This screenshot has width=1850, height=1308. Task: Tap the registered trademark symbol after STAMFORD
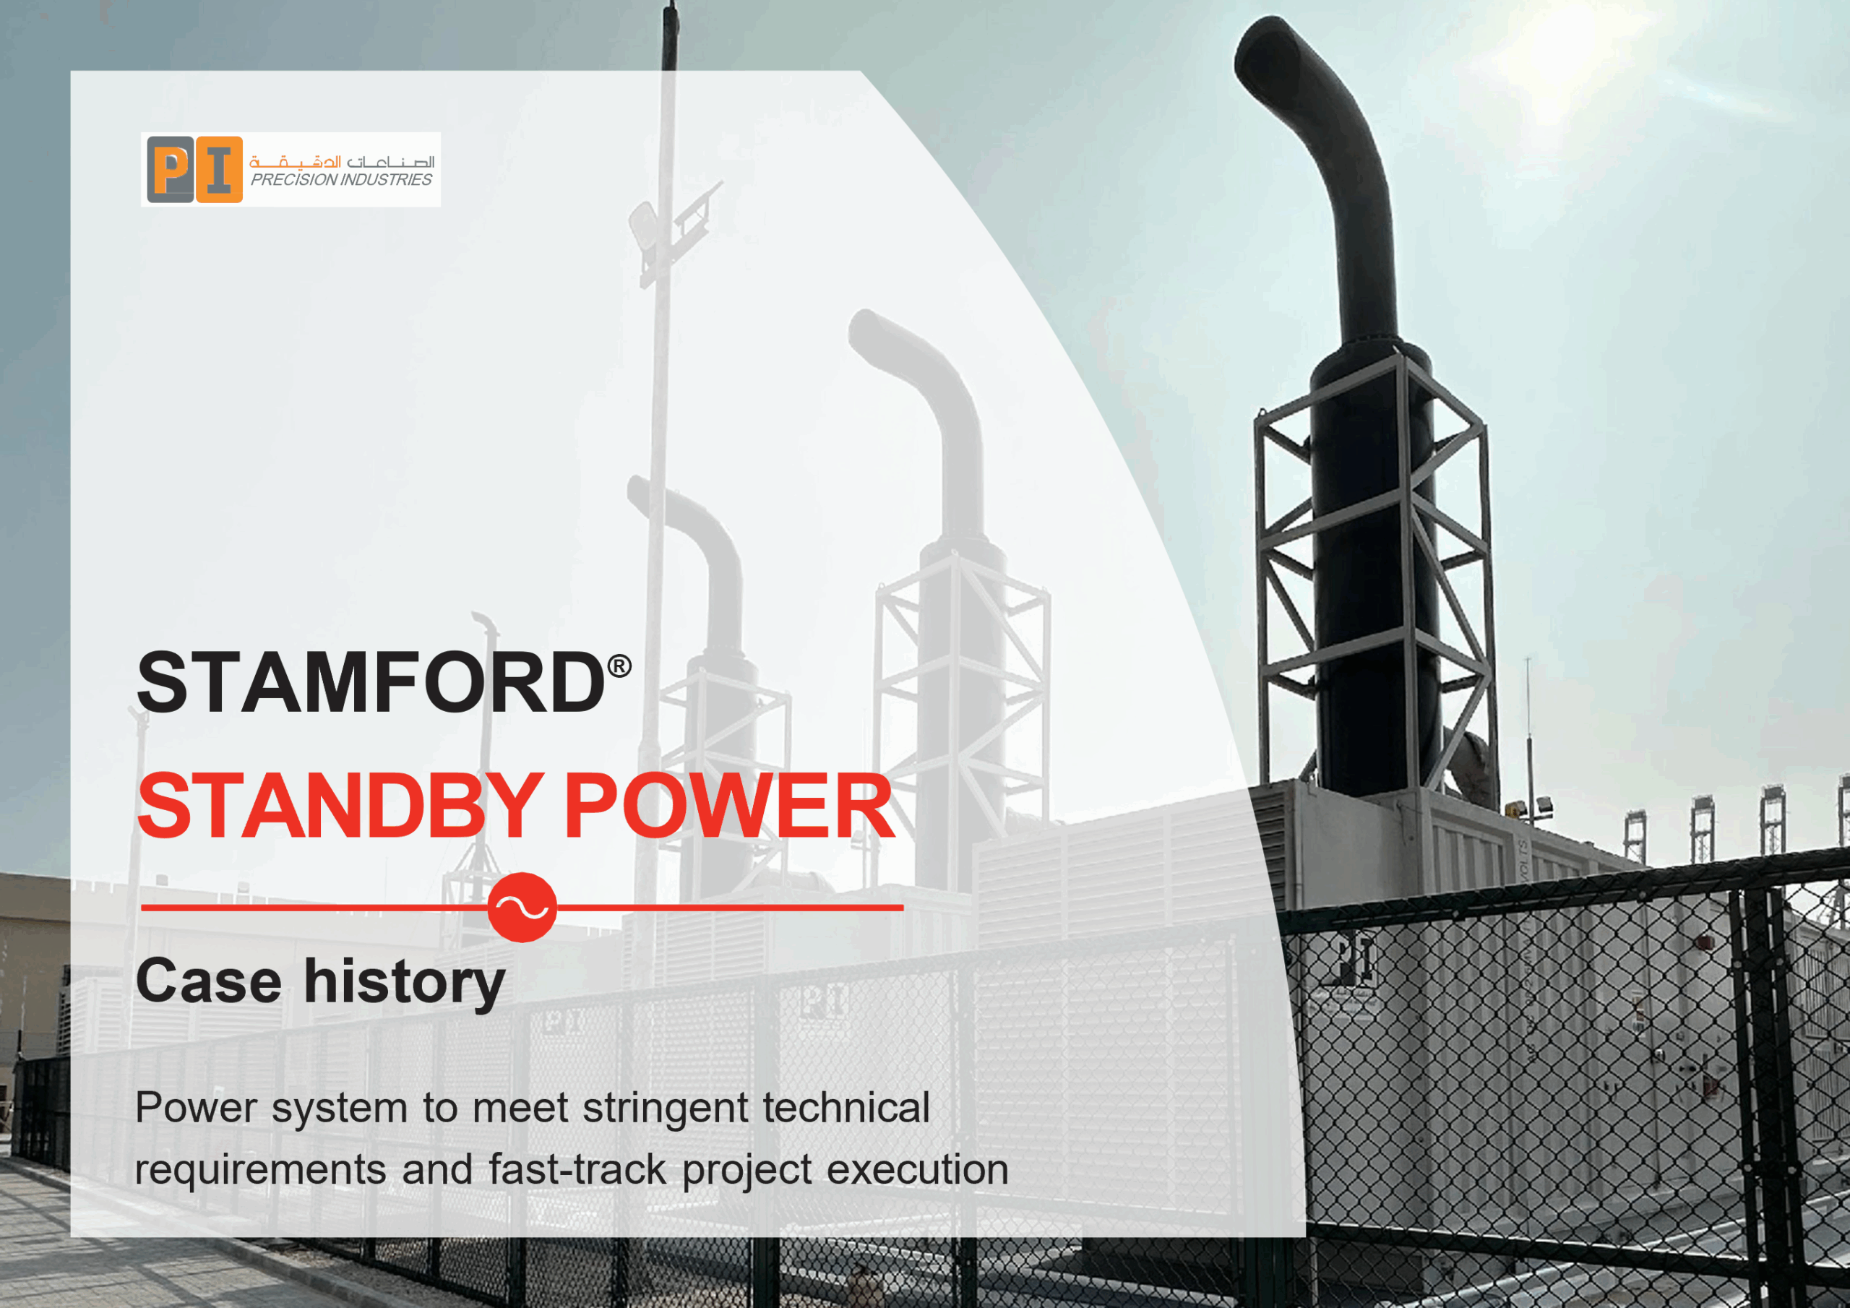[x=619, y=666]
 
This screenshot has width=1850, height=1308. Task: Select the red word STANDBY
[x=339, y=805]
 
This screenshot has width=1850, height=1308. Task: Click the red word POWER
[x=729, y=805]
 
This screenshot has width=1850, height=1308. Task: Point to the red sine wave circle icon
[x=522, y=908]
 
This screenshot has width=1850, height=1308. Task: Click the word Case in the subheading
[x=209, y=981]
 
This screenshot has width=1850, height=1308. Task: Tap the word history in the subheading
[x=405, y=984]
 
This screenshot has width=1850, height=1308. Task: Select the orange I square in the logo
[x=219, y=169]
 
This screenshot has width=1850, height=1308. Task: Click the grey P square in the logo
[x=170, y=169]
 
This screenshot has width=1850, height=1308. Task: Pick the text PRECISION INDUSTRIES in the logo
[x=341, y=180]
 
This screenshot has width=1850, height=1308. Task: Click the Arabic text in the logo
[x=342, y=161]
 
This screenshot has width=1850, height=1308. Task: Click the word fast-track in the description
[x=577, y=1169]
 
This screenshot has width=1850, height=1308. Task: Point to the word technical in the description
[x=846, y=1107]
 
